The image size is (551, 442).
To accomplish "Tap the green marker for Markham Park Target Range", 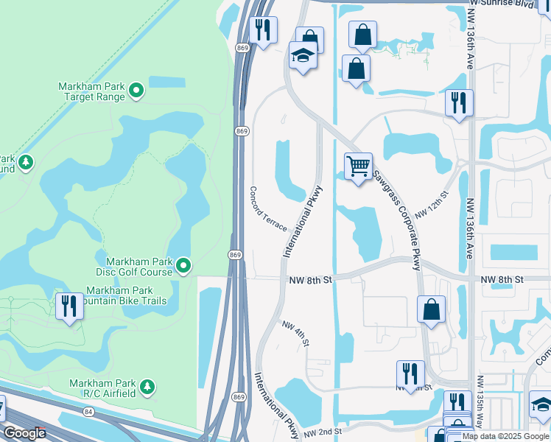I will (x=136, y=91).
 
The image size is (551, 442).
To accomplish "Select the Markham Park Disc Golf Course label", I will (x=139, y=267).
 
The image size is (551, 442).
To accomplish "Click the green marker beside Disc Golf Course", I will (x=183, y=265).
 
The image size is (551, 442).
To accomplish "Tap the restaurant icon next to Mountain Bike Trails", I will (x=69, y=306).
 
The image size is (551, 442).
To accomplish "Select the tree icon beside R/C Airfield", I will (x=147, y=385).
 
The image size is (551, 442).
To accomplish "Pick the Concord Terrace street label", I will (x=268, y=208).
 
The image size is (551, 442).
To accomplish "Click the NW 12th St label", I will (x=432, y=204).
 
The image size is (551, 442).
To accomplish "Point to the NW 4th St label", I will (x=295, y=334).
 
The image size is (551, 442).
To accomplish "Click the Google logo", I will (x=24, y=432).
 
